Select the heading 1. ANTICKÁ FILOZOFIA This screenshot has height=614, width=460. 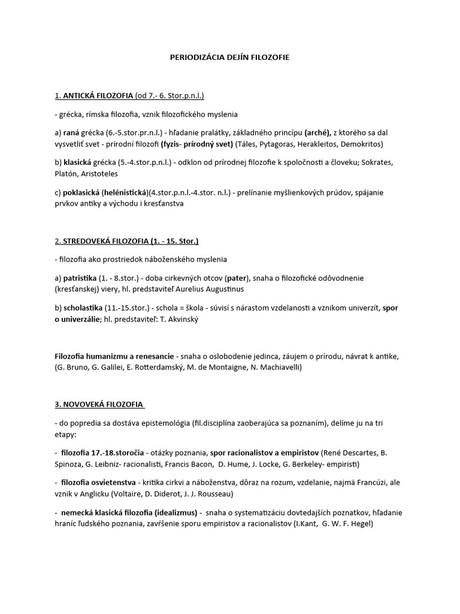(93, 96)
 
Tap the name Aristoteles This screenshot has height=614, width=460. (99, 174)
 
